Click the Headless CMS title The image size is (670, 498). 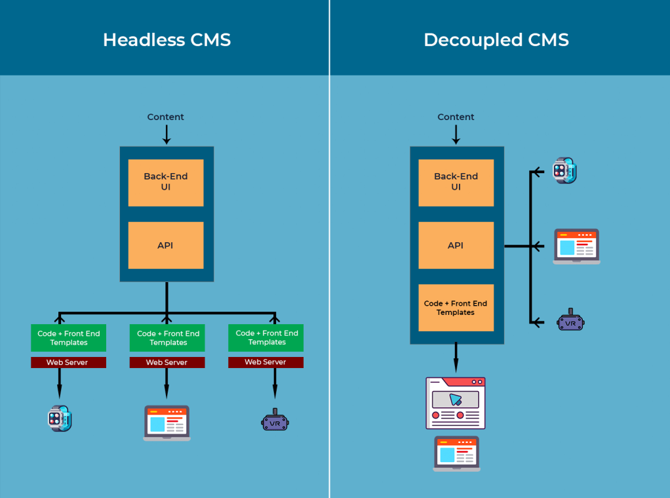click(167, 39)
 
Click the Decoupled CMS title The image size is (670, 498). click(496, 39)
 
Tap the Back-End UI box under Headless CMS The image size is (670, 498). click(166, 182)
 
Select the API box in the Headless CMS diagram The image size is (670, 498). click(166, 245)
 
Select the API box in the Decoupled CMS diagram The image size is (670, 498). click(456, 245)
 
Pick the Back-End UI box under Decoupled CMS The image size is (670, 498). click(456, 182)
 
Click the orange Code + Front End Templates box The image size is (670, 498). click(456, 308)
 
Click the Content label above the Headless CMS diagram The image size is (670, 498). click(166, 117)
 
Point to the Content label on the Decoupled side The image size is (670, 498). click(456, 117)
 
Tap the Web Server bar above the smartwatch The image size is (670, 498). click(68, 362)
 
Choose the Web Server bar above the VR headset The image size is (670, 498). click(266, 362)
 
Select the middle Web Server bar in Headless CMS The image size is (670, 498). click(167, 362)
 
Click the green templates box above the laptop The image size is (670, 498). click(167, 338)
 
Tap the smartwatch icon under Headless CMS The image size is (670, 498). click(60, 418)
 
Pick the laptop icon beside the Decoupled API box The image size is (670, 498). click(576, 246)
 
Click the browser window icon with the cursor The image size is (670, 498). click(456, 402)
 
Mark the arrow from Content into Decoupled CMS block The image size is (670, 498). click(456, 135)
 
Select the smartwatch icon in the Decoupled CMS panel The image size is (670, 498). click(564, 170)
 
